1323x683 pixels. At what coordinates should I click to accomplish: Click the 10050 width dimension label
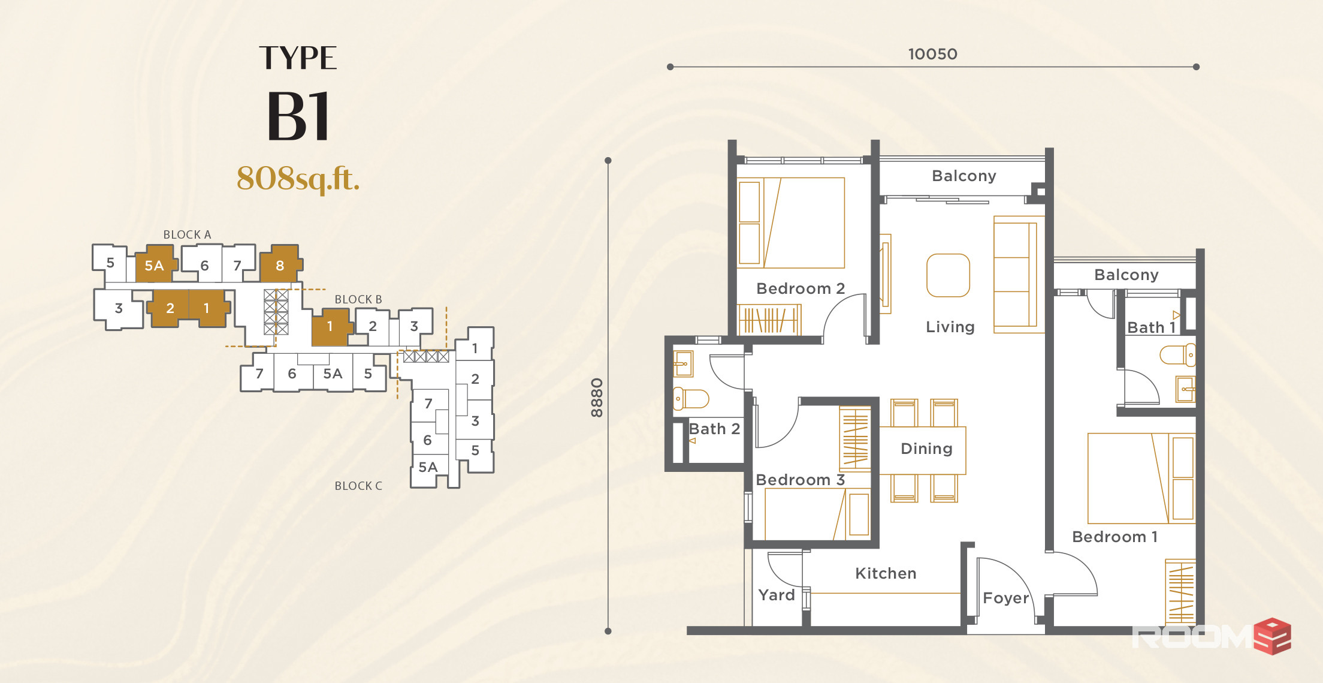[932, 54]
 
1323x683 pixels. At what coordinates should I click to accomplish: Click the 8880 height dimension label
[596, 398]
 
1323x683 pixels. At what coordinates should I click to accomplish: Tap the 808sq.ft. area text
[298, 178]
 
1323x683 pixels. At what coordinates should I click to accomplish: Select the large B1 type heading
[298, 116]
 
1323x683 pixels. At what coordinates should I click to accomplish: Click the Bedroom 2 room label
[801, 288]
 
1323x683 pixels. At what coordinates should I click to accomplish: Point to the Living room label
[950, 327]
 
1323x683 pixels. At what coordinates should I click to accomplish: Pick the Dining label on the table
[926, 449]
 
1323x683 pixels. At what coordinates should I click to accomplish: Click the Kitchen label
[886, 573]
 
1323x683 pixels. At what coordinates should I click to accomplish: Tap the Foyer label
[1005, 598]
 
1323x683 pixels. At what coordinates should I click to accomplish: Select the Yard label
[776, 595]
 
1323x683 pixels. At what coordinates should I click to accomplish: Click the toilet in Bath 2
[691, 398]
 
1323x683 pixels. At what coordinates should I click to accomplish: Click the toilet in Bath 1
[1177, 354]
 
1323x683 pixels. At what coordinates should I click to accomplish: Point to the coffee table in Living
[948, 275]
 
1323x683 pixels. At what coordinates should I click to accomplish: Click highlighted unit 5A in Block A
[154, 266]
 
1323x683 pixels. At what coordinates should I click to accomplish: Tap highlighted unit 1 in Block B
[329, 327]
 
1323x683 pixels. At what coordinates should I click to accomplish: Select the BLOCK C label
[358, 486]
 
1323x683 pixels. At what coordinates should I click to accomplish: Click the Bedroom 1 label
[1114, 537]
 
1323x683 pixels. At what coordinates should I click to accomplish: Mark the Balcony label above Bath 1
[1126, 275]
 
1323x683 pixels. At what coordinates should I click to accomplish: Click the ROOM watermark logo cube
[1273, 636]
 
